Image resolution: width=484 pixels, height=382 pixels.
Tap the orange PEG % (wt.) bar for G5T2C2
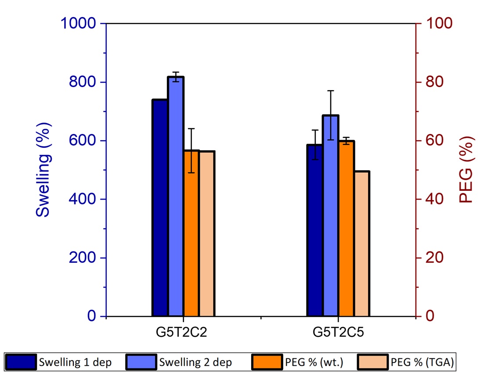click(x=191, y=233)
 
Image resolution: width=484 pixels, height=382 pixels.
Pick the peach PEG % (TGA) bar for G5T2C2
click(x=206, y=233)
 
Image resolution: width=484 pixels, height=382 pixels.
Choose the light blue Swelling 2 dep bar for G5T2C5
click(x=331, y=215)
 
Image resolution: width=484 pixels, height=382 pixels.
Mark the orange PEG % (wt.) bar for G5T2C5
click(x=346, y=228)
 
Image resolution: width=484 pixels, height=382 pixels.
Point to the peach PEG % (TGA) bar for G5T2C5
click(x=362, y=244)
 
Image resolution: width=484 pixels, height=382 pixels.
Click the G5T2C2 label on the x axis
click(x=183, y=333)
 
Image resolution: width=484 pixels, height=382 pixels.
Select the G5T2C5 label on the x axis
click(x=338, y=333)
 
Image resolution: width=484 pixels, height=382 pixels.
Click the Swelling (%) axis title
click(x=43, y=170)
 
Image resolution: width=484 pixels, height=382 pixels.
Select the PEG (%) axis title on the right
click(x=466, y=170)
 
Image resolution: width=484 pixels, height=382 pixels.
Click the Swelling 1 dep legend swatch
click(x=21, y=363)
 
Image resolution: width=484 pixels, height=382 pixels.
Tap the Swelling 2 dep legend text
click(x=195, y=363)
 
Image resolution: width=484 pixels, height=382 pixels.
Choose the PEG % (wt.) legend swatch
click(x=267, y=363)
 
